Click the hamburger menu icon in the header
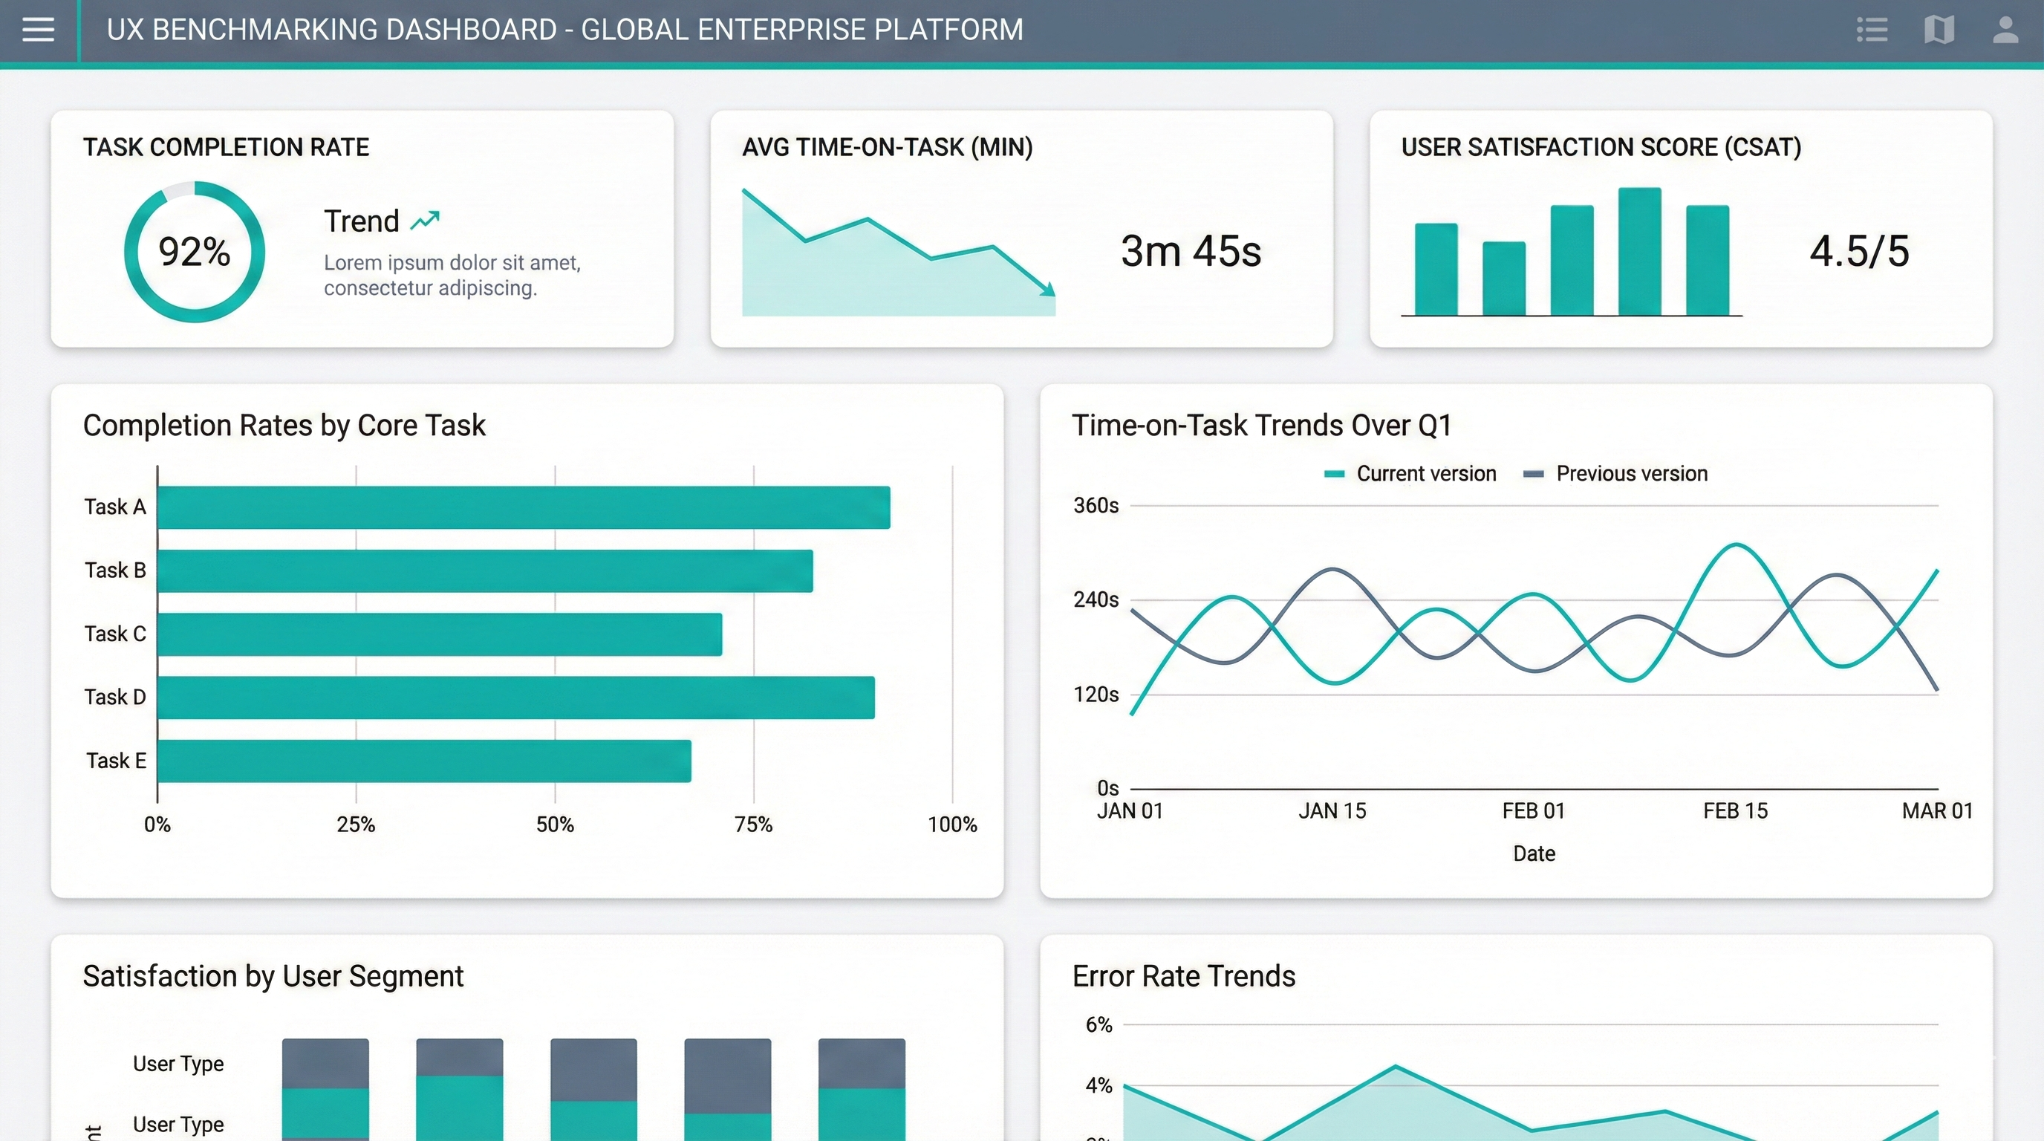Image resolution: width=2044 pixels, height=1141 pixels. pos(38,30)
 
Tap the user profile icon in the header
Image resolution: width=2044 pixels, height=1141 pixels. pos(2005,30)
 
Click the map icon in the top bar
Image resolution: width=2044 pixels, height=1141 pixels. pos(1939,30)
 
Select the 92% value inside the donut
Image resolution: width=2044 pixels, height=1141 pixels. pos(195,252)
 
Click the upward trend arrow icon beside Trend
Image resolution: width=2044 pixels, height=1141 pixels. pos(425,220)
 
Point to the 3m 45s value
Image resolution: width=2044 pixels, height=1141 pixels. pos(1190,252)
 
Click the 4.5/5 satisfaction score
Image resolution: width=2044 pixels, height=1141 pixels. pos(1858,252)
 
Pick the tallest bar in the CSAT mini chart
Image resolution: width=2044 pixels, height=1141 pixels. pos(1639,252)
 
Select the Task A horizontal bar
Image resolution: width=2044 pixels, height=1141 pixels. pos(524,507)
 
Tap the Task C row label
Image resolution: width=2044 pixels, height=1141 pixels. pos(115,634)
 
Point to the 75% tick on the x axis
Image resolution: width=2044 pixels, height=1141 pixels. pos(753,825)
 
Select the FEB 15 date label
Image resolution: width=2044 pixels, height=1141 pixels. pos(1735,811)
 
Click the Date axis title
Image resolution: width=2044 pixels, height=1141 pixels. pos(1534,854)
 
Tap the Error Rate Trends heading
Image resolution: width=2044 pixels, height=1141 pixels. pos(1183,976)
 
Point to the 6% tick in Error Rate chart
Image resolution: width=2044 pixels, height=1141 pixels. pos(1099,1024)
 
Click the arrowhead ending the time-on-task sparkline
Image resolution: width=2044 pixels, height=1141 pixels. pos(1049,290)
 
